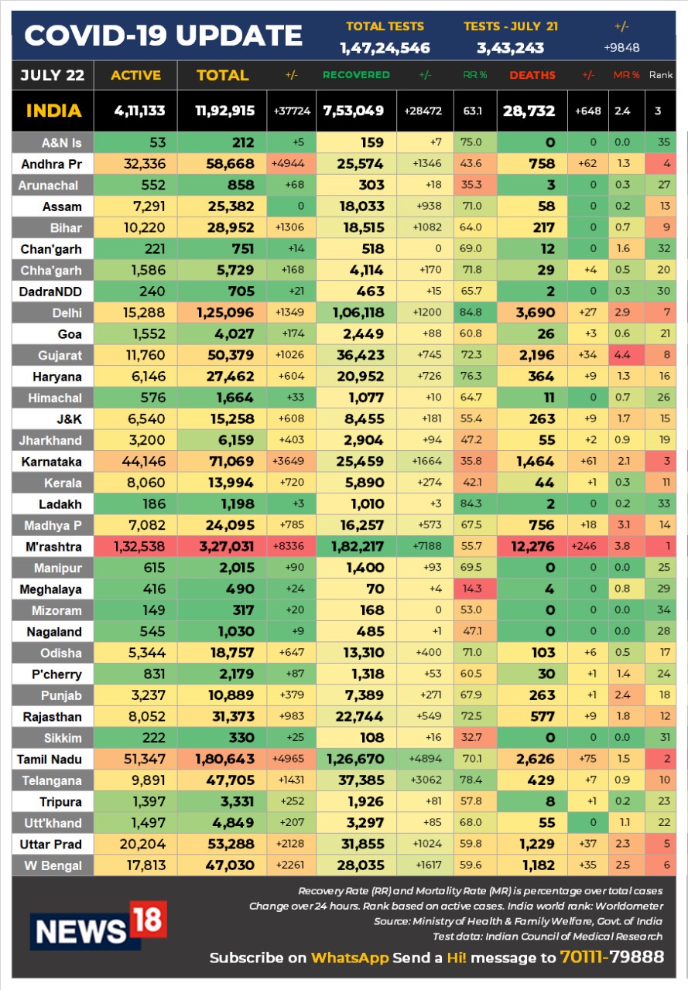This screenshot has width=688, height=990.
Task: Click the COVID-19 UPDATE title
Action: pos(163,36)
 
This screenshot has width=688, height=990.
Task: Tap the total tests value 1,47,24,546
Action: pos(385,48)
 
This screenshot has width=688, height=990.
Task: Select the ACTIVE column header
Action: pos(135,75)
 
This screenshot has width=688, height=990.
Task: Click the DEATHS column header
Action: pos(532,75)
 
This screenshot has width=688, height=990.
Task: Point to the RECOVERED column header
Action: pos(356,75)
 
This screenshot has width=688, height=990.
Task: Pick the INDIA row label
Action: pos(53,111)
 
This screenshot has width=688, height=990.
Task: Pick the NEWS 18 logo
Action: pos(98,925)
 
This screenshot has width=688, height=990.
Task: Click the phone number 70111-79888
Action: pos(611,958)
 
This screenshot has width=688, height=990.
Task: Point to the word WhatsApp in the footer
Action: pos(350,958)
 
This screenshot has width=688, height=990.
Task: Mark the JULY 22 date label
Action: pos(53,75)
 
